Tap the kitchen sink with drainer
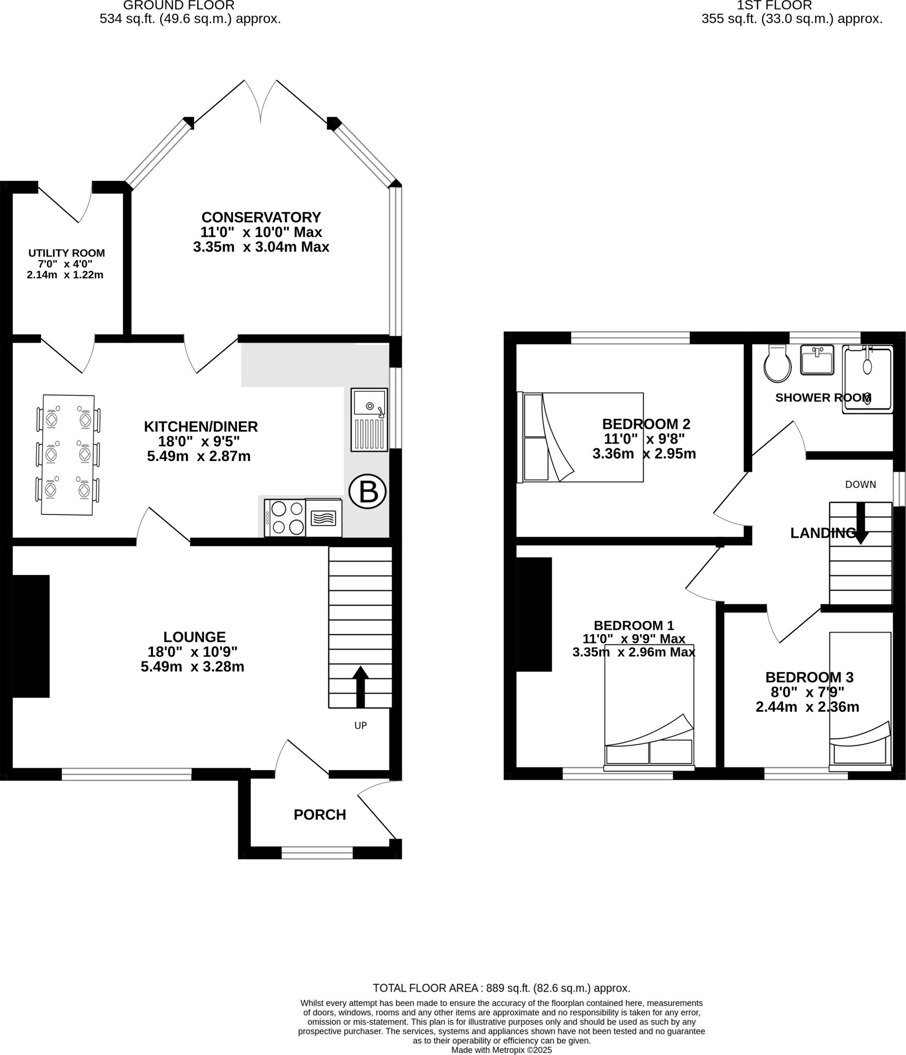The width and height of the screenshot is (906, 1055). (369, 420)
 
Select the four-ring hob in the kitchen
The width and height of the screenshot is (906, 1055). (285, 518)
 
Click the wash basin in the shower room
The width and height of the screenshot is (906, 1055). (817, 360)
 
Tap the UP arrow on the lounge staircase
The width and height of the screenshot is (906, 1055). (361, 687)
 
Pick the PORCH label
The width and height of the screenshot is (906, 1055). (320, 814)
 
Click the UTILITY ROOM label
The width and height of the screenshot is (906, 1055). (66, 253)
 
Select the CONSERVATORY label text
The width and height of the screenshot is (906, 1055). (261, 217)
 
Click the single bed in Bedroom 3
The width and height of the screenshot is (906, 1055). (860, 700)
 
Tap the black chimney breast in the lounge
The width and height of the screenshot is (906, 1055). (31, 636)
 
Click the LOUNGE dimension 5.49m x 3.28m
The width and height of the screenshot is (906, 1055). (193, 667)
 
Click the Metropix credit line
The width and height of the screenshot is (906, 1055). (501, 1050)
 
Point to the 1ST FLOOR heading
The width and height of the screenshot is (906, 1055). (774, 6)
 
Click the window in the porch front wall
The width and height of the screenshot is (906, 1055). (317, 853)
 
